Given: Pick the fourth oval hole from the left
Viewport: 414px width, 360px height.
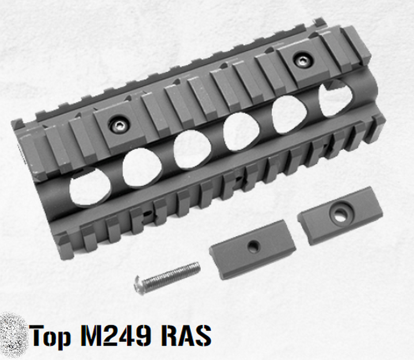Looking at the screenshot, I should [240, 131].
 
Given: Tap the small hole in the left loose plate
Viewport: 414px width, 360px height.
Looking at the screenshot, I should [253, 247].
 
